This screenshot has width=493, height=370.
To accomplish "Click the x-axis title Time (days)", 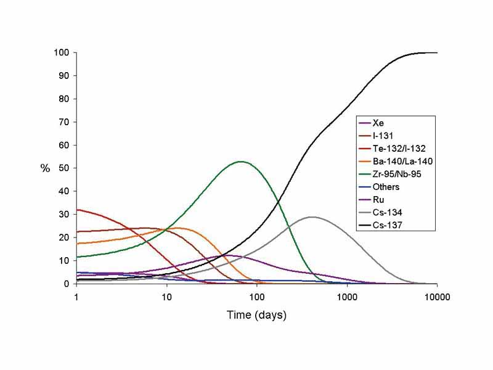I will [256, 315].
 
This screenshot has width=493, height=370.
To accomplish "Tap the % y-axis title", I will [45, 168].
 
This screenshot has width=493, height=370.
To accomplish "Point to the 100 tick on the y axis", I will [60, 52].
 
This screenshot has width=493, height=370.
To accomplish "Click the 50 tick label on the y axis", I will [63, 168].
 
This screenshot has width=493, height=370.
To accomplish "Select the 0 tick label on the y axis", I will [65, 284].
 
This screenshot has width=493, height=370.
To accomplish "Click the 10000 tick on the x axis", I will [437, 295].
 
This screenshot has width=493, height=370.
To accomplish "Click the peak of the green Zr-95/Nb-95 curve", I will [240, 162].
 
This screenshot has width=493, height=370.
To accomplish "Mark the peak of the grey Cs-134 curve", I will [312, 217].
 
